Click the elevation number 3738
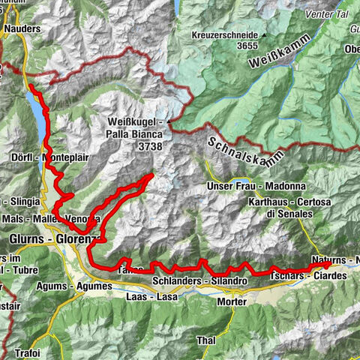click(150, 148)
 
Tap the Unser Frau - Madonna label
click(244, 186)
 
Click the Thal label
click(206, 340)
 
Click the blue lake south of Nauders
click(35, 105)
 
